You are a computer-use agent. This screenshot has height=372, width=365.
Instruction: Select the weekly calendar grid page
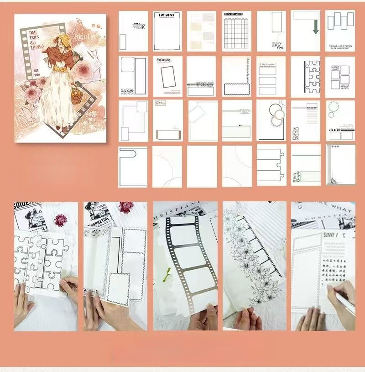click(236, 31)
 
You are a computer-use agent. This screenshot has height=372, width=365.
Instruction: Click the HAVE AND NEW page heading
click(167, 15)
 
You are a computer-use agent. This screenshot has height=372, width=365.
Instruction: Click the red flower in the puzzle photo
click(60, 220)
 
